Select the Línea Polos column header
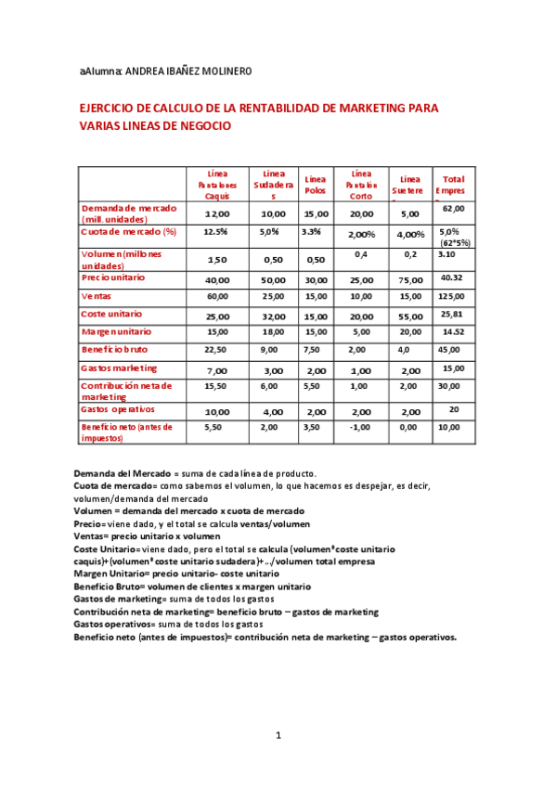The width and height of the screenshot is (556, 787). [x=316, y=183]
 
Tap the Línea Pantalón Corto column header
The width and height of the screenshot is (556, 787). [x=361, y=184]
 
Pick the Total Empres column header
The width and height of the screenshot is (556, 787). [x=453, y=184]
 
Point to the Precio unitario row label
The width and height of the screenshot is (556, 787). [x=112, y=277]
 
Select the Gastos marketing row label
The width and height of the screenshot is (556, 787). [x=119, y=368]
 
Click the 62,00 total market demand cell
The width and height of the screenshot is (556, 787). [x=453, y=209]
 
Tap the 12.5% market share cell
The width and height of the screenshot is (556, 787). [x=215, y=232]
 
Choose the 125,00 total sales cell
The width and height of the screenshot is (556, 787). [x=452, y=296]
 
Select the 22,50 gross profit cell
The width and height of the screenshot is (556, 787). [x=216, y=350]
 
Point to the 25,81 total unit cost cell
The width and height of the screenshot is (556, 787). [x=452, y=314]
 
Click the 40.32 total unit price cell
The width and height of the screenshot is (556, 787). [x=452, y=277]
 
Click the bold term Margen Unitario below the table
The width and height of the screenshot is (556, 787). [x=111, y=574]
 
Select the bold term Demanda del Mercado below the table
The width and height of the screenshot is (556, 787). [x=122, y=473]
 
